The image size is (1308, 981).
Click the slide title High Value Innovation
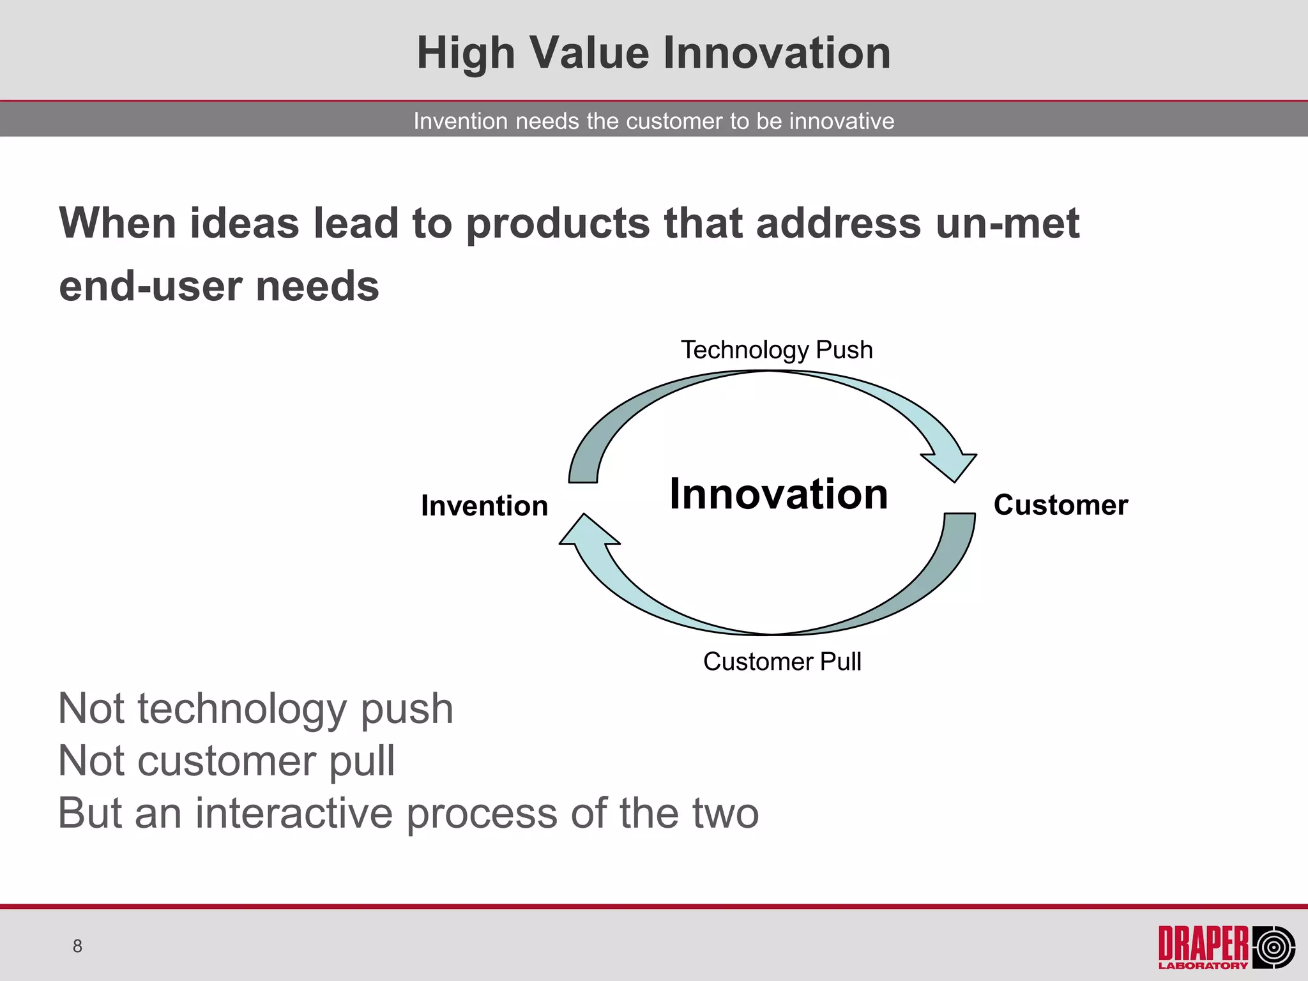point(653,52)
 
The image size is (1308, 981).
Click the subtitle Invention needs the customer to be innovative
point(653,121)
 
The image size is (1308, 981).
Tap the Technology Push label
point(776,350)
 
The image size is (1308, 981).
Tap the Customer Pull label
point(782,662)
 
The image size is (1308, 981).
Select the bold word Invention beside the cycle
point(484,506)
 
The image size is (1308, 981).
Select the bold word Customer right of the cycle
point(1060,505)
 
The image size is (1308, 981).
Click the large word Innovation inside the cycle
point(779,494)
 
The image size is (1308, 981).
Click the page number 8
point(77,946)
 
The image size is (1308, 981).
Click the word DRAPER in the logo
point(1203,943)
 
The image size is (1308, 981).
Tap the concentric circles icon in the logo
point(1274,947)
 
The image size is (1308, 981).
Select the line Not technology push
point(255,709)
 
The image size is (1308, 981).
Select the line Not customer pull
point(226,761)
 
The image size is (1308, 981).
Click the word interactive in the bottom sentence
point(294,813)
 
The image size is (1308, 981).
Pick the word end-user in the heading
point(151,285)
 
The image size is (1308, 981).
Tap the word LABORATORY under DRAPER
point(1203,966)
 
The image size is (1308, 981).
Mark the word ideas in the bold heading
point(244,224)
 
